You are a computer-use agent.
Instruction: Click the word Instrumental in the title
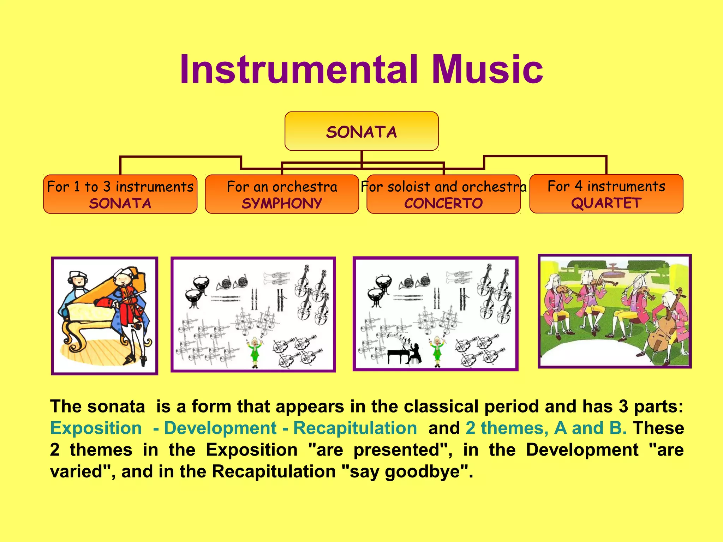299,70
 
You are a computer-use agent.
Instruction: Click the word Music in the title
487,70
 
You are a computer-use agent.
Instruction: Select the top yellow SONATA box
361,131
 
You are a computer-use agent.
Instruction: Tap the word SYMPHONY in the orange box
282,204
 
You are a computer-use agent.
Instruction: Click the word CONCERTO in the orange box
443,204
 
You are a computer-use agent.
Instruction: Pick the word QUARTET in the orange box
606,203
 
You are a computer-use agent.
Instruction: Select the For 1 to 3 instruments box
120,194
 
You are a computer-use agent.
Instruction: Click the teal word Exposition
96,428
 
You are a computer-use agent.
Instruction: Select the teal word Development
220,428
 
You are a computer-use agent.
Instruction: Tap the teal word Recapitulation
355,428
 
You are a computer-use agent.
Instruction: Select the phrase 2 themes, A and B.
546,428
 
